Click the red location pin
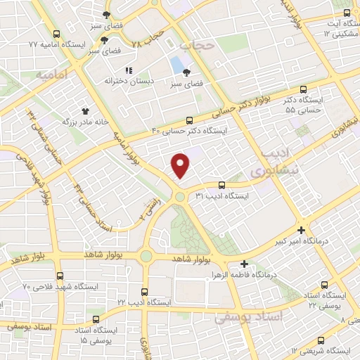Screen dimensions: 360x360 click(x=181, y=166)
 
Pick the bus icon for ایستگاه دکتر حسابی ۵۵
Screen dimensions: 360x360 click(x=303, y=89)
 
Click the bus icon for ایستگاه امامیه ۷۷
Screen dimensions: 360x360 click(x=57, y=33)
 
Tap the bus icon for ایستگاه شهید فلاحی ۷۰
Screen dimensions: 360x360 click(x=59, y=276)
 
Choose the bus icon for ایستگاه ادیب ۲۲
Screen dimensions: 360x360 click(x=144, y=291)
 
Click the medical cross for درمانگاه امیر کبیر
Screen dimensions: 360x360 click(x=301, y=230)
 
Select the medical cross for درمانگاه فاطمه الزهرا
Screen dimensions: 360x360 click(x=244, y=264)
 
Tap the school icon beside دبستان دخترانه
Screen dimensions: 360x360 click(x=128, y=70)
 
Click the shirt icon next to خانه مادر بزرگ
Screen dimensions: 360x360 click(x=86, y=110)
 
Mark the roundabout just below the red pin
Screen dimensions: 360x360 click(x=180, y=197)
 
